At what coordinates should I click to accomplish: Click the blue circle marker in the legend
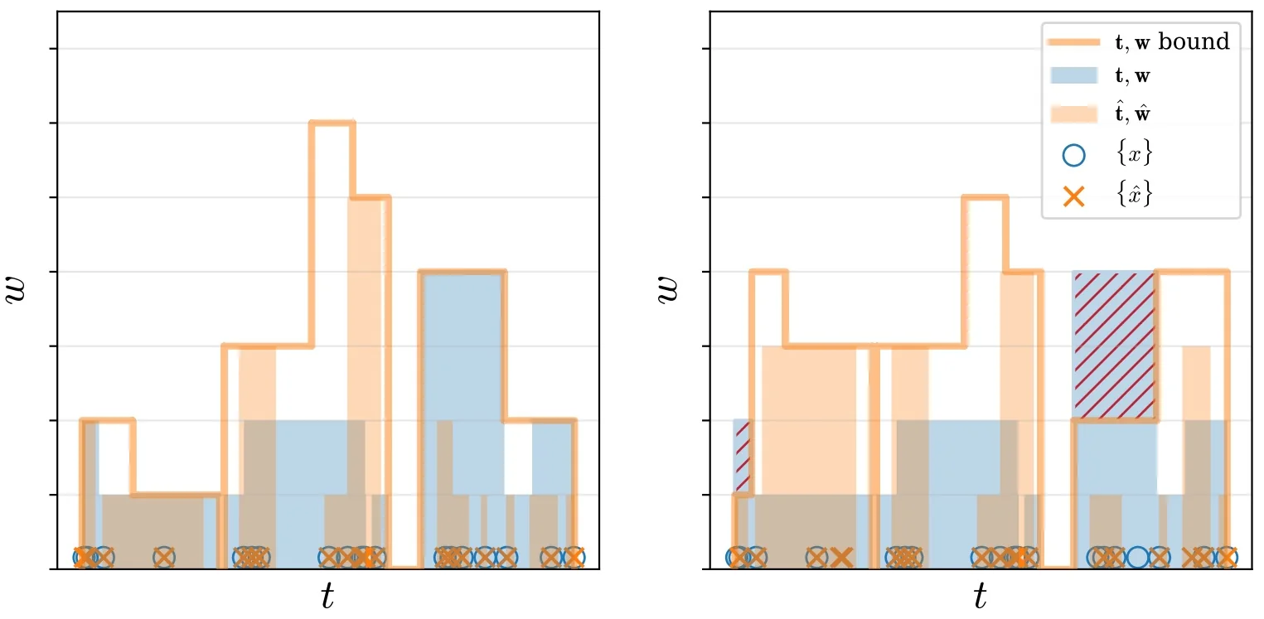tap(1073, 154)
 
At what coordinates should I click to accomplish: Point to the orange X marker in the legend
tap(1073, 196)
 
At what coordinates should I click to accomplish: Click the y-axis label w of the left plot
tap(17, 291)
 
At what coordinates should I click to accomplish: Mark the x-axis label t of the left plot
tap(328, 595)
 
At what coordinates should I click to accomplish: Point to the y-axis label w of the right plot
tap(669, 291)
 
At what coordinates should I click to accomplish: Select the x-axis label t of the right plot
tap(981, 595)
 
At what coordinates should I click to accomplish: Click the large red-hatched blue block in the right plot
tap(1114, 345)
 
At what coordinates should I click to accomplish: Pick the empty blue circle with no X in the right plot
tap(1138, 558)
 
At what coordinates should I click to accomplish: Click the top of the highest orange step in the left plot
tap(332, 123)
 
